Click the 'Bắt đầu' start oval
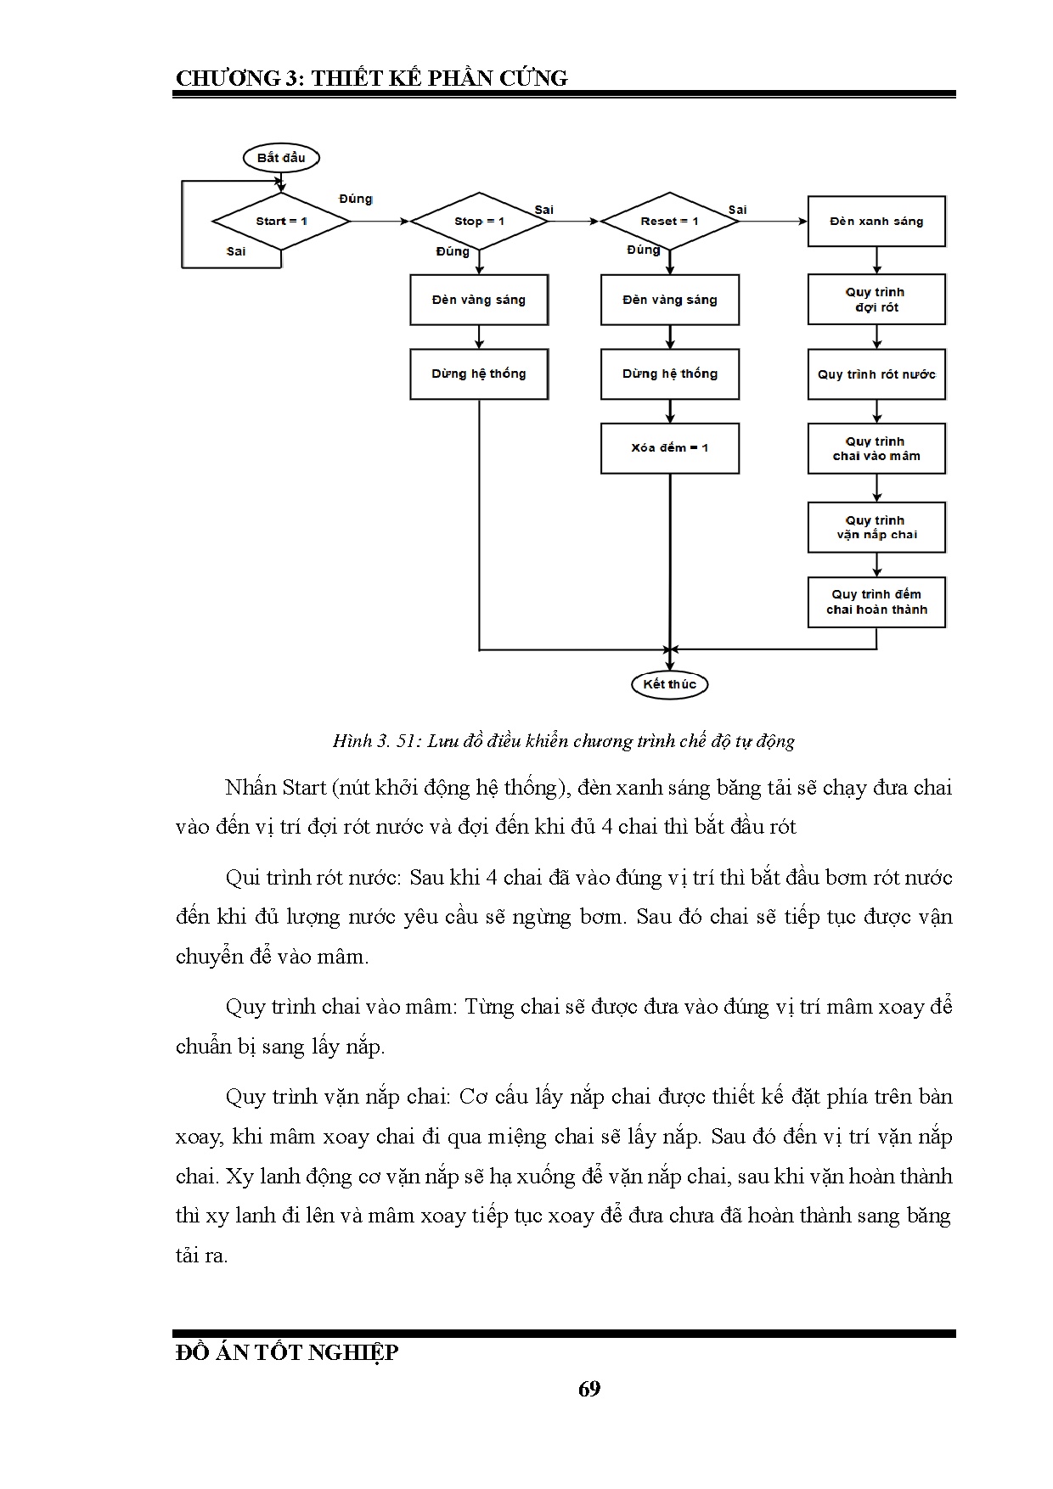pyautogui.click(x=281, y=158)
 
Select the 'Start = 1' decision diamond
pyautogui.click(x=281, y=222)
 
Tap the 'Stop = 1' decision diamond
pyautogui.click(x=479, y=222)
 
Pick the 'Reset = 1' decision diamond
pyautogui.click(x=670, y=222)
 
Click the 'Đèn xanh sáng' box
pyautogui.click(x=876, y=222)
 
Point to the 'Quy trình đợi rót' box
pyautogui.click(x=876, y=300)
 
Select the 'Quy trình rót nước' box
pyautogui.click(x=876, y=374)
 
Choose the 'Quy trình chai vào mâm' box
pyautogui.click(x=876, y=448)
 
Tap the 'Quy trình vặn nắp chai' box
pyautogui.click(x=876, y=527)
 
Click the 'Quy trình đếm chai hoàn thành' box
pyautogui.click(x=876, y=602)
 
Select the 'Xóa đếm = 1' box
pyautogui.click(x=670, y=448)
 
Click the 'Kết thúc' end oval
pyautogui.click(x=670, y=684)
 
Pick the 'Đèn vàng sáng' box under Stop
pyautogui.click(x=479, y=300)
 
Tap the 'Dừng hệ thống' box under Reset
pyautogui.click(x=670, y=374)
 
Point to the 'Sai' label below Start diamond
pyautogui.click(x=236, y=251)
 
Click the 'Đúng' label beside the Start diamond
pyautogui.click(x=356, y=199)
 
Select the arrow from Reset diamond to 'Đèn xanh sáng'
pyautogui.click(x=773, y=222)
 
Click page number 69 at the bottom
pyautogui.click(x=589, y=1389)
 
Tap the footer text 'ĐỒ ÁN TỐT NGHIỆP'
pyautogui.click(x=287, y=1352)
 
